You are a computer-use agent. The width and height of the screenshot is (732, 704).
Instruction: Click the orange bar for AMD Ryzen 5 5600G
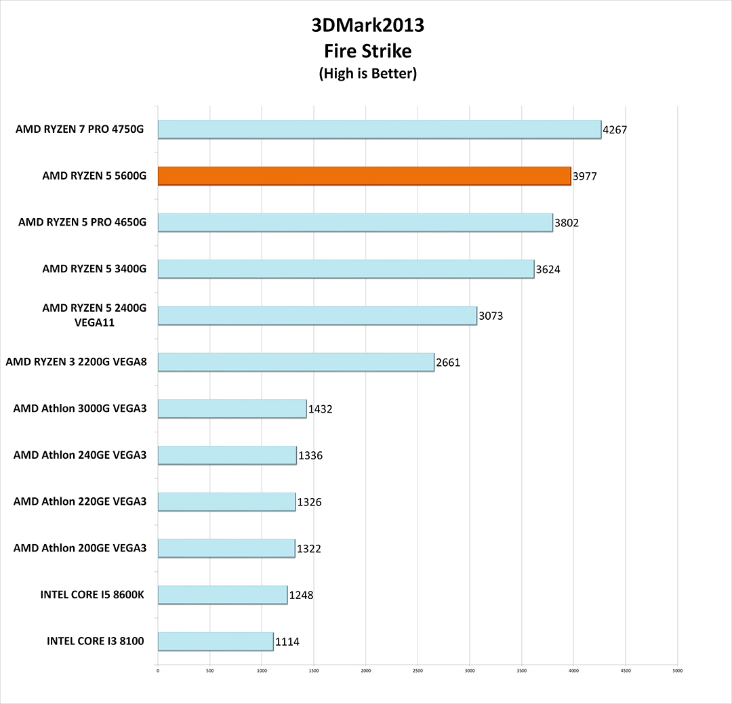(x=364, y=175)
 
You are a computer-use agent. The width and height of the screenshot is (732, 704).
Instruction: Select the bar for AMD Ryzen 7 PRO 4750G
(x=379, y=129)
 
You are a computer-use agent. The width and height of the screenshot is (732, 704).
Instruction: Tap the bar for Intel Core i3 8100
(x=216, y=641)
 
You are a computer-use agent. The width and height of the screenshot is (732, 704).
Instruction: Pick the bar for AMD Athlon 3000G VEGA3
(x=232, y=409)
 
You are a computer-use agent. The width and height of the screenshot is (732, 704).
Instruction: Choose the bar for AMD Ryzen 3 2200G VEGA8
(x=296, y=362)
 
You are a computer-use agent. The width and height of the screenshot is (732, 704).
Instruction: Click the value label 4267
(x=615, y=129)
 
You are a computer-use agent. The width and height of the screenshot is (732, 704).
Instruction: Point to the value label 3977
(x=585, y=176)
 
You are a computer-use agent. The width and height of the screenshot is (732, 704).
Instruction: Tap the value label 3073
(x=491, y=316)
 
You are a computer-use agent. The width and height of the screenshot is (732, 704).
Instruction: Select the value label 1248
(x=302, y=596)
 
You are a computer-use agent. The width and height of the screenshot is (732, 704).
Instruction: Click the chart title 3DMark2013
(x=367, y=26)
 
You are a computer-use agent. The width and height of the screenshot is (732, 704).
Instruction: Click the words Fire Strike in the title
(x=367, y=50)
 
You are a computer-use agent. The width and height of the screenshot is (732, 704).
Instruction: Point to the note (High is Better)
(x=367, y=74)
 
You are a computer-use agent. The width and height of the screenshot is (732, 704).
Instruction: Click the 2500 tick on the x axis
(x=418, y=671)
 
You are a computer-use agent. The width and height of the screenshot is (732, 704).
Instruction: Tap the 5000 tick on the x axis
(x=677, y=671)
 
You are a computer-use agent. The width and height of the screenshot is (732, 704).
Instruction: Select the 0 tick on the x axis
(x=158, y=671)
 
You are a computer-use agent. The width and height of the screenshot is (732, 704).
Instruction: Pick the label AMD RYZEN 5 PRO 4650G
(x=82, y=222)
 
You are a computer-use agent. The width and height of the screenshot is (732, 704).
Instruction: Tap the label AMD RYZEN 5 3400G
(x=94, y=268)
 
